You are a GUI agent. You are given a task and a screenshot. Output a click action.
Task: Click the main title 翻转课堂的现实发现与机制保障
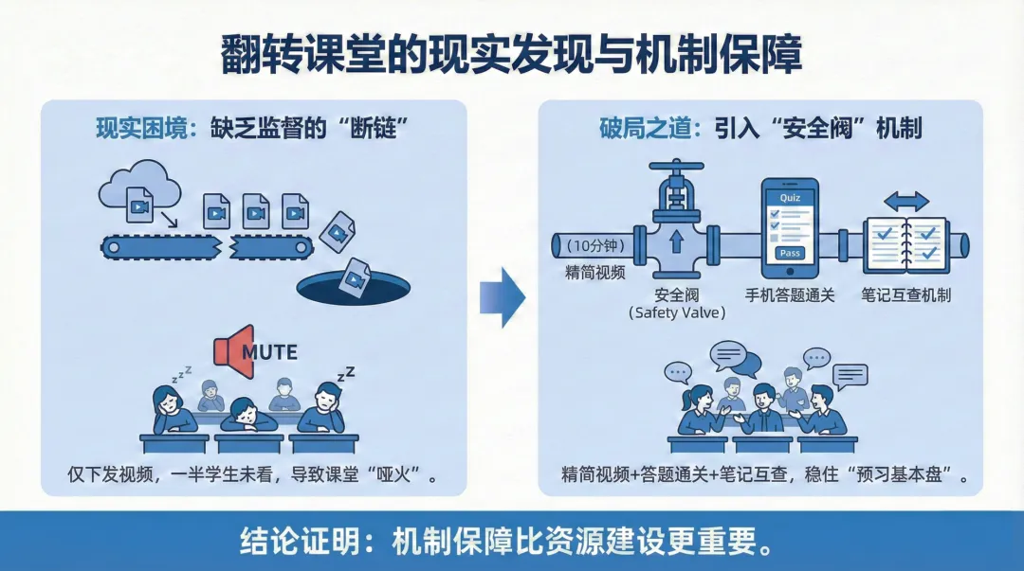[x=511, y=55]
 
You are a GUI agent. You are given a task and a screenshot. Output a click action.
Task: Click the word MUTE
[x=269, y=352]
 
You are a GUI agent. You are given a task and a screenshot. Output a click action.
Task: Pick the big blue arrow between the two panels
[x=502, y=296]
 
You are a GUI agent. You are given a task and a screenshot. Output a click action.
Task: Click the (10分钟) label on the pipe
[x=594, y=245]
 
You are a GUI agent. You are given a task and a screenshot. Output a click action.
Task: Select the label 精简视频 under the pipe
[x=594, y=274]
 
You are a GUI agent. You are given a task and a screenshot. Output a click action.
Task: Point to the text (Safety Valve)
[x=677, y=312]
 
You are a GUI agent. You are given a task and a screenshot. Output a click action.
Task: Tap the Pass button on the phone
[x=789, y=253]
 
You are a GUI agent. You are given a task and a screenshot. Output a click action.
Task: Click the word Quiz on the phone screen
[x=790, y=196]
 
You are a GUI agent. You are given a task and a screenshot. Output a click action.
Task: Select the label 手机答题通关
[x=790, y=294]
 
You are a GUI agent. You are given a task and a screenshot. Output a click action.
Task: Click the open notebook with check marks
[x=905, y=243]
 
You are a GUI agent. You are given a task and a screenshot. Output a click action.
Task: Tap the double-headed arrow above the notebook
[x=906, y=201]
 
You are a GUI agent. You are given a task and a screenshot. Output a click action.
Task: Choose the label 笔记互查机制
[x=905, y=294]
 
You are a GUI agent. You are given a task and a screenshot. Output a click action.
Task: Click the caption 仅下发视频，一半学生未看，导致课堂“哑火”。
[x=252, y=474]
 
